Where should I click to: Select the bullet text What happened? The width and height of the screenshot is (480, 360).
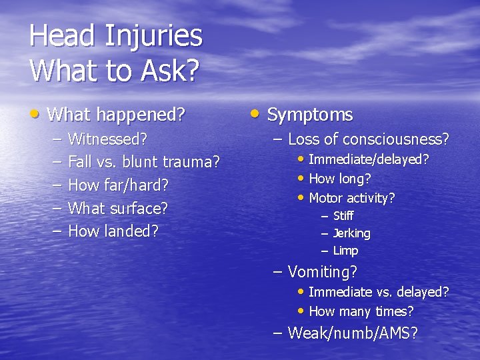[x=116, y=115]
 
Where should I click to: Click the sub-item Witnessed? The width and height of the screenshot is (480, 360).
[x=107, y=139]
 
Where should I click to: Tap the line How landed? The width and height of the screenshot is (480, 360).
[x=113, y=231]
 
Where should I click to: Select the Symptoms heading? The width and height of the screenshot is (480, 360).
[x=309, y=115]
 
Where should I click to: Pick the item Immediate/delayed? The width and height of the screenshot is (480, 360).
[x=369, y=160]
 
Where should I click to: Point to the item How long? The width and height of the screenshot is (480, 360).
[x=340, y=179]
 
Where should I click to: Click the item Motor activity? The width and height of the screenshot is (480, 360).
[x=352, y=198]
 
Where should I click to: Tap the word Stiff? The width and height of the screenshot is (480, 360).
[x=343, y=216]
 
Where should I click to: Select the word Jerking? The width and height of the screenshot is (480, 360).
[x=351, y=233]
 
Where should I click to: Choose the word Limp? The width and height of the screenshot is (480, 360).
[x=345, y=251]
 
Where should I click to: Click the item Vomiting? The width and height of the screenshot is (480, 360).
[x=322, y=272]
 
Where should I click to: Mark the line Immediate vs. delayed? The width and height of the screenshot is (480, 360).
[x=379, y=292]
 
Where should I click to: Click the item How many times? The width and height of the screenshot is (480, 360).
[x=361, y=311]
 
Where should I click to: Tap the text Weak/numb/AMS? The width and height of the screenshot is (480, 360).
[x=353, y=333]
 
